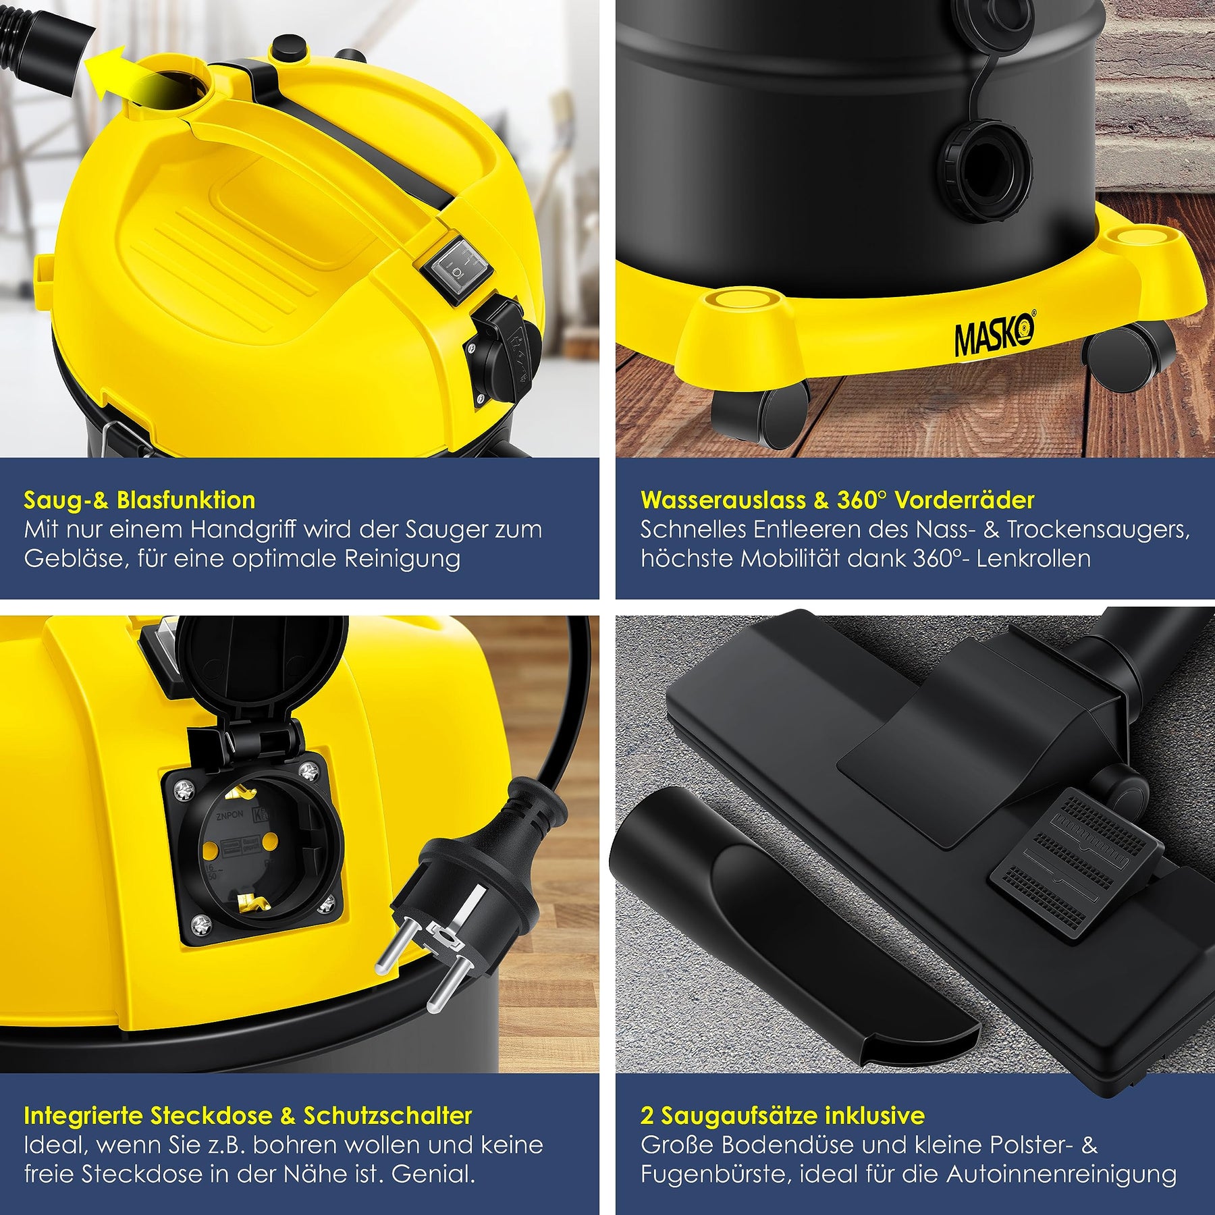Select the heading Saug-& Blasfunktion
click(140, 500)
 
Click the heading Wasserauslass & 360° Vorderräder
click(837, 500)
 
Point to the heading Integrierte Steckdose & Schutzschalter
click(248, 1116)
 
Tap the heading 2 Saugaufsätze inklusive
click(782, 1116)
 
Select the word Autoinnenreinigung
click(1061, 1174)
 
